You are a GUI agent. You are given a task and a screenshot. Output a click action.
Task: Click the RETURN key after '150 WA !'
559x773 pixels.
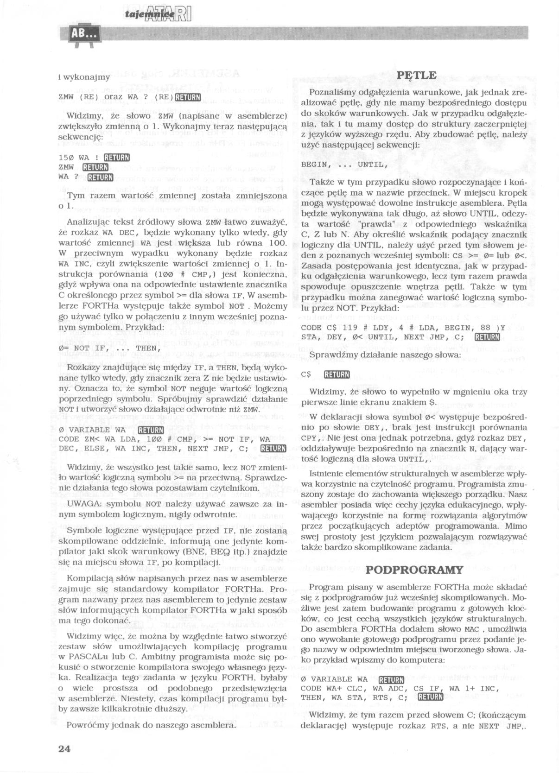point(116,157)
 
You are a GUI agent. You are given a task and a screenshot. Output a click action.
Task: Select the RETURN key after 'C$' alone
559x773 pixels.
point(336,374)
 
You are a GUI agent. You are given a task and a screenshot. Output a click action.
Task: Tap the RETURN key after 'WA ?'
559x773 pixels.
point(100,177)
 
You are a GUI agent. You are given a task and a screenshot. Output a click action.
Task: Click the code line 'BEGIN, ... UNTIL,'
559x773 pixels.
point(343,164)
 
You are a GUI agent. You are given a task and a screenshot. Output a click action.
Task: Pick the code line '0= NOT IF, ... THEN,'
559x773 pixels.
point(110,348)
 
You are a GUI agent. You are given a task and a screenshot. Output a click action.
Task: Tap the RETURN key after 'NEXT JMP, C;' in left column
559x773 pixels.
point(273,448)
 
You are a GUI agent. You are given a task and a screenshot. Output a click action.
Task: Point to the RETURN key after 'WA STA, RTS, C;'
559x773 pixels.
point(430,697)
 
